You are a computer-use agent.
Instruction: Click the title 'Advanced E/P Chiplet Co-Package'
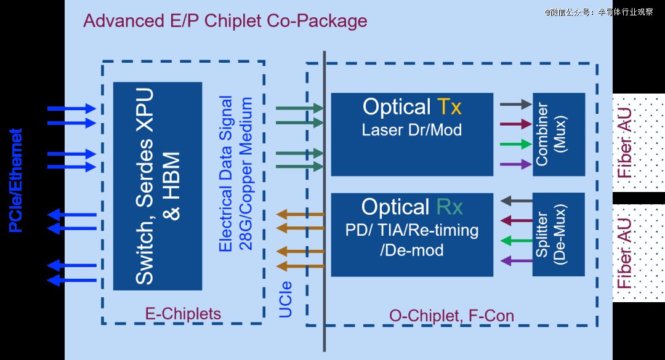point(225,21)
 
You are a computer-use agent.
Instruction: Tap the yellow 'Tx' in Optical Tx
point(449,106)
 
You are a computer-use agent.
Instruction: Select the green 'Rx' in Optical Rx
point(449,207)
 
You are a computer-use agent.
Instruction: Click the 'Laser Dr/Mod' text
point(412,130)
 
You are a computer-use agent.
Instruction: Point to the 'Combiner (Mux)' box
point(559,134)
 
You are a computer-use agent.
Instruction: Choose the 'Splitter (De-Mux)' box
point(558,234)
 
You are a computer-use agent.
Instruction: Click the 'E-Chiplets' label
point(183,314)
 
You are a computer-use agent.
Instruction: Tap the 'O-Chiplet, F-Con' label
point(452,316)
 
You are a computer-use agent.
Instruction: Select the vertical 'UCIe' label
point(286,299)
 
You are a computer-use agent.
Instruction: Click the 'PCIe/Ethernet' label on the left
point(15,180)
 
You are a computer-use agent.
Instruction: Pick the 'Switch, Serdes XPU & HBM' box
point(158,186)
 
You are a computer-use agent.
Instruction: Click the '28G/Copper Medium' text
point(246,174)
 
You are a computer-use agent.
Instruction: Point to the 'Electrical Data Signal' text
point(225,174)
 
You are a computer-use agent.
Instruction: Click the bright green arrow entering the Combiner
point(516,144)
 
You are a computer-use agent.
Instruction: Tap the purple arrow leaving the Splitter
point(517,260)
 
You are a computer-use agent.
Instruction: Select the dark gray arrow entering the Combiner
point(516,104)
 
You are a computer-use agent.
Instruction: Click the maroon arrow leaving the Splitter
point(517,220)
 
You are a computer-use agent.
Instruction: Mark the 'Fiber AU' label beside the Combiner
point(625,143)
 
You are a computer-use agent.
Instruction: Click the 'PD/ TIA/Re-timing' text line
point(412,230)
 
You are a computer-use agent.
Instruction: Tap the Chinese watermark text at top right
point(599,12)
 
